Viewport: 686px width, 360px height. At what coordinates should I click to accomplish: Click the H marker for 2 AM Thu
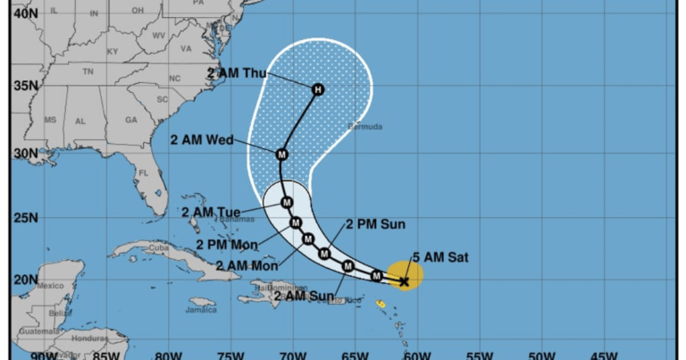[317, 89]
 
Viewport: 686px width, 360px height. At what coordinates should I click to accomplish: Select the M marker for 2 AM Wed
[282, 155]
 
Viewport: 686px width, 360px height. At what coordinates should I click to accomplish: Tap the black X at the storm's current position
[404, 281]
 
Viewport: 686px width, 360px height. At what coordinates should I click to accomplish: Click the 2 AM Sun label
[304, 297]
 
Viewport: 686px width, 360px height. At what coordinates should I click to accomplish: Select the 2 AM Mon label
[247, 265]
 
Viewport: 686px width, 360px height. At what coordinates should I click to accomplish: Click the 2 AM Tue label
[211, 212]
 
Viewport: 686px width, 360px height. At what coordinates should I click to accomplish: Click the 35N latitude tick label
[25, 86]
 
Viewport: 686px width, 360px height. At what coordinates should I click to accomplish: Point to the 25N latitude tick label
[25, 218]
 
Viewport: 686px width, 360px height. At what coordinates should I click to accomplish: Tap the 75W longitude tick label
[230, 355]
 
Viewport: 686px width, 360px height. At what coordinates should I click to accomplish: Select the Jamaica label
[202, 310]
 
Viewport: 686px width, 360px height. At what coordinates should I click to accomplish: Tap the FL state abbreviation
[143, 172]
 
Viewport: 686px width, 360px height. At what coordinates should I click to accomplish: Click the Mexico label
[51, 285]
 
